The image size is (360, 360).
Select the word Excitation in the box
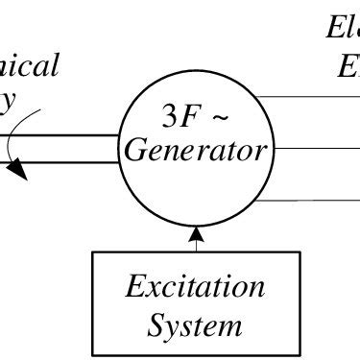(x=196, y=287)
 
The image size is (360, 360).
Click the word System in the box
(x=195, y=325)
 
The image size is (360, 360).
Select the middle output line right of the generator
(x=317, y=148)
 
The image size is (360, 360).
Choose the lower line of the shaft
(x=67, y=160)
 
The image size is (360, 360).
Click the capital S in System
(x=157, y=325)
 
